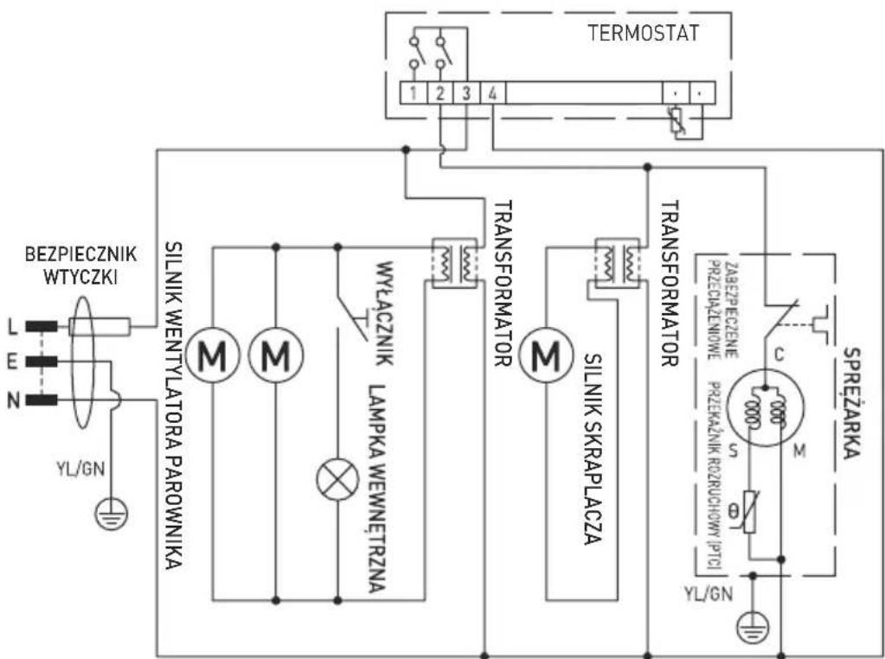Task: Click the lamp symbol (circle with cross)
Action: point(336,481)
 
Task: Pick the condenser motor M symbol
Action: point(545,354)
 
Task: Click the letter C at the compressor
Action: point(779,355)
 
